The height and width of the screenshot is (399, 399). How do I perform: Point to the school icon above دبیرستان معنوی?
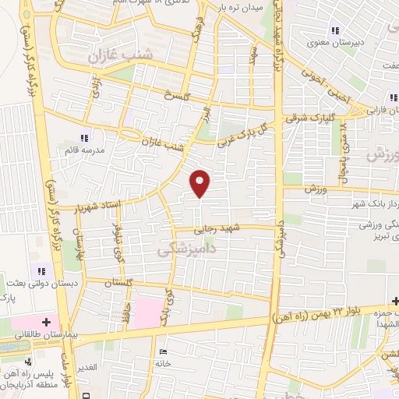[x=335, y=31]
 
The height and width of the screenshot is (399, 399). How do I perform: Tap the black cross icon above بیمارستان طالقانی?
[x=46, y=321]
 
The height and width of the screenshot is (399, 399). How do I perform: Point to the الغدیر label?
[x=85, y=366]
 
